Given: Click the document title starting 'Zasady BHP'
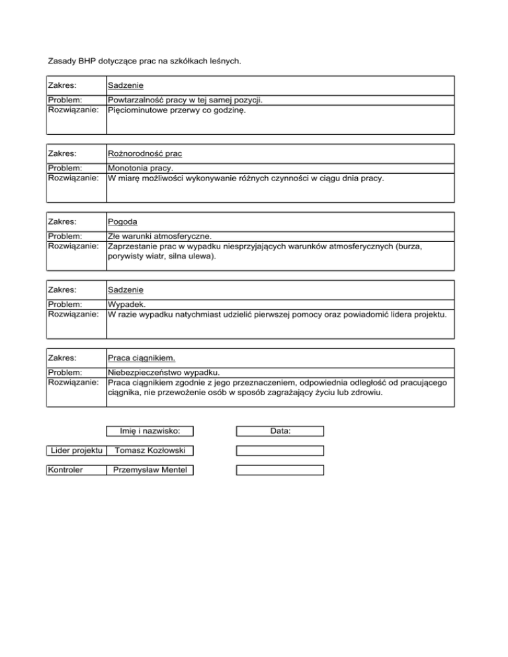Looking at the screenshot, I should point(145,61).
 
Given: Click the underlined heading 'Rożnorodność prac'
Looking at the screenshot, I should point(145,154).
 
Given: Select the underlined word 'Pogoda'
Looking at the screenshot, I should point(123,221).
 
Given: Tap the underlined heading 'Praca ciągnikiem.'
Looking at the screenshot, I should point(142,358).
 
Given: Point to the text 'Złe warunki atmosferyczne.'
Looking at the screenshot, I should point(159,237).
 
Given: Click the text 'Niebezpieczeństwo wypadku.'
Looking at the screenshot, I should point(164,373).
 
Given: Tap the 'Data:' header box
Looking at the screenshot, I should point(280,432).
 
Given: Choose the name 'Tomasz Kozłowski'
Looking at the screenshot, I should point(151,451).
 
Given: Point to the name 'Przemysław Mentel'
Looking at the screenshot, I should point(151,471).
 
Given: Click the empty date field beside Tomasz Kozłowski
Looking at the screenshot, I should point(280,451).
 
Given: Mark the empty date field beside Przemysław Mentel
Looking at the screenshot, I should point(280,471).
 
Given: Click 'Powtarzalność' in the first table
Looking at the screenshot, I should point(136,101).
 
